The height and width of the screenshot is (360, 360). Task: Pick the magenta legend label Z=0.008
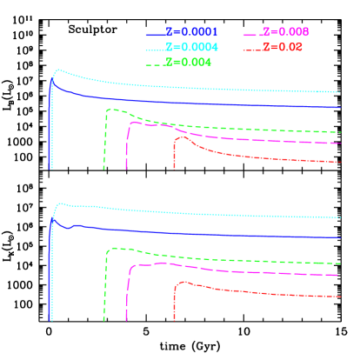coord(285,32)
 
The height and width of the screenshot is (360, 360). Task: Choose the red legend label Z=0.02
coord(283,47)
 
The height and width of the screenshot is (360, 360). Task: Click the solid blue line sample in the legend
coord(156,33)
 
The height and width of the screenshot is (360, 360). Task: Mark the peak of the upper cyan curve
coord(57,70)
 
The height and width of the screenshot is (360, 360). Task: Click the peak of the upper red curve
coord(181,137)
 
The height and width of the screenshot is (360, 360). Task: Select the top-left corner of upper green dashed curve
coord(108,110)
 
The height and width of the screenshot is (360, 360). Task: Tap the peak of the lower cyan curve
coord(60,203)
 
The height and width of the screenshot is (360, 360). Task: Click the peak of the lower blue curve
coord(54,219)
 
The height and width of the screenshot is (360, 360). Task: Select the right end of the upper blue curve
coord(339,108)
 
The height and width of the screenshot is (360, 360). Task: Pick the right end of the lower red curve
coord(339,296)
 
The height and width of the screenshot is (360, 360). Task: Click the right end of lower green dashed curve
coord(339,263)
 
